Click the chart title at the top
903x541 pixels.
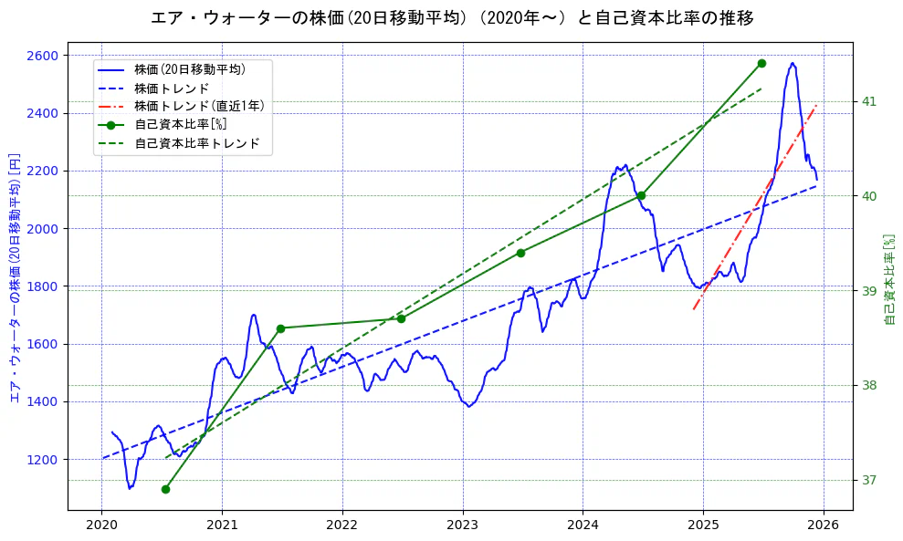click(x=452, y=17)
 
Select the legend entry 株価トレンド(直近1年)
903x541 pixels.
click(x=199, y=106)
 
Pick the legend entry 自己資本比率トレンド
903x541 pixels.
click(x=196, y=143)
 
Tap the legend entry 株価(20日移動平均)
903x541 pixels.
click(x=189, y=68)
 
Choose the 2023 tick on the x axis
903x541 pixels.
click(x=463, y=526)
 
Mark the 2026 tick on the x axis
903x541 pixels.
click(x=824, y=526)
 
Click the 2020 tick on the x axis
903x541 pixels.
click(x=101, y=526)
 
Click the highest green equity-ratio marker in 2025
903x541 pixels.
click(x=761, y=63)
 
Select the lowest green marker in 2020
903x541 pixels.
click(x=165, y=489)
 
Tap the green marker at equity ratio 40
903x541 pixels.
click(x=641, y=195)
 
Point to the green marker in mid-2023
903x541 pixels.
click(x=520, y=253)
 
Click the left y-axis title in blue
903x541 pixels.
click(x=14, y=278)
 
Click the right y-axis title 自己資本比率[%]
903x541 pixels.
click(x=890, y=278)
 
